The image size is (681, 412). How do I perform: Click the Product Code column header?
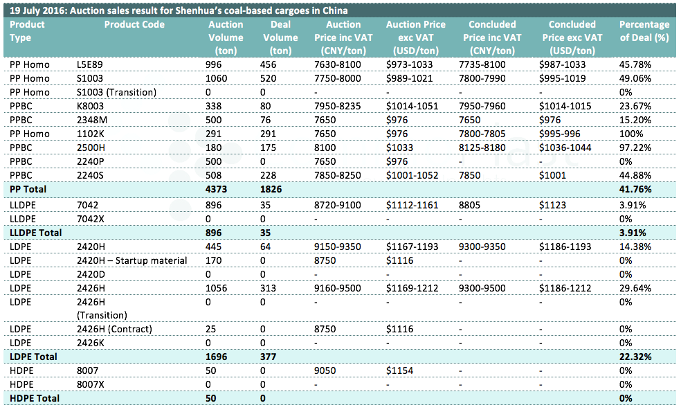click(134, 25)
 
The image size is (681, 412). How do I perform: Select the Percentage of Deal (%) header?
click(644, 31)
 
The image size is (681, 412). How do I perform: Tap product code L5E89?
click(90, 65)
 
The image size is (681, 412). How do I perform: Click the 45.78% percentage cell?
click(635, 65)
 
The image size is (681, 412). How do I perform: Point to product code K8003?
click(91, 107)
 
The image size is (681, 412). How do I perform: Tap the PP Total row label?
click(28, 190)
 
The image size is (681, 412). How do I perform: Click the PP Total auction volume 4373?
click(217, 190)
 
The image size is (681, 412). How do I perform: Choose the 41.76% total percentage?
click(635, 190)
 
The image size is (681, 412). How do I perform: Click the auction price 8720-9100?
click(338, 205)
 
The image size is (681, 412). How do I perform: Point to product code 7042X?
click(91, 219)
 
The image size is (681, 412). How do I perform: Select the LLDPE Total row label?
click(35, 233)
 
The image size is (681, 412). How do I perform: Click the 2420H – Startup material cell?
click(132, 261)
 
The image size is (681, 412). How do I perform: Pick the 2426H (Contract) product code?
click(115, 330)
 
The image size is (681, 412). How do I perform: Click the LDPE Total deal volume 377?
click(268, 357)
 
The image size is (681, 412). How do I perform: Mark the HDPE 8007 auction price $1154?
click(399, 370)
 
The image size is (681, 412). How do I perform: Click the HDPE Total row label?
click(35, 399)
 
